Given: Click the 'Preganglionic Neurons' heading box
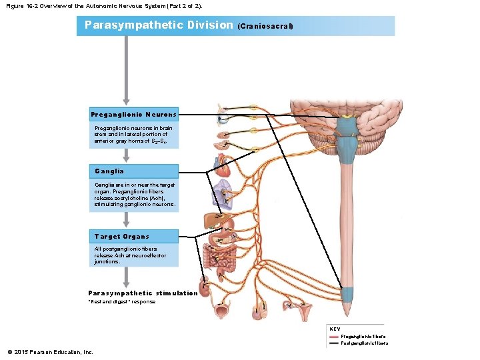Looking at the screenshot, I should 133,115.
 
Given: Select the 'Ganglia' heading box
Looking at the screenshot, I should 133,171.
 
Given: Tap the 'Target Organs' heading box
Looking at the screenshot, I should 133,236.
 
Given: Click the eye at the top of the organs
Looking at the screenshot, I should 223,120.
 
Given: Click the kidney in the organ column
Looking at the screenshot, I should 204,288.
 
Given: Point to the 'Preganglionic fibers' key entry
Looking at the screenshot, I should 363,337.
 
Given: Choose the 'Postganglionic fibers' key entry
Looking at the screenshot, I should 364,343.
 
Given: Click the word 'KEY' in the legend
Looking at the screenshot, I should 335,329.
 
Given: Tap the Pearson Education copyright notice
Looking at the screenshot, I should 50,352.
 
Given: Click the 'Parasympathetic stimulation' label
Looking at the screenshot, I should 143,293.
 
